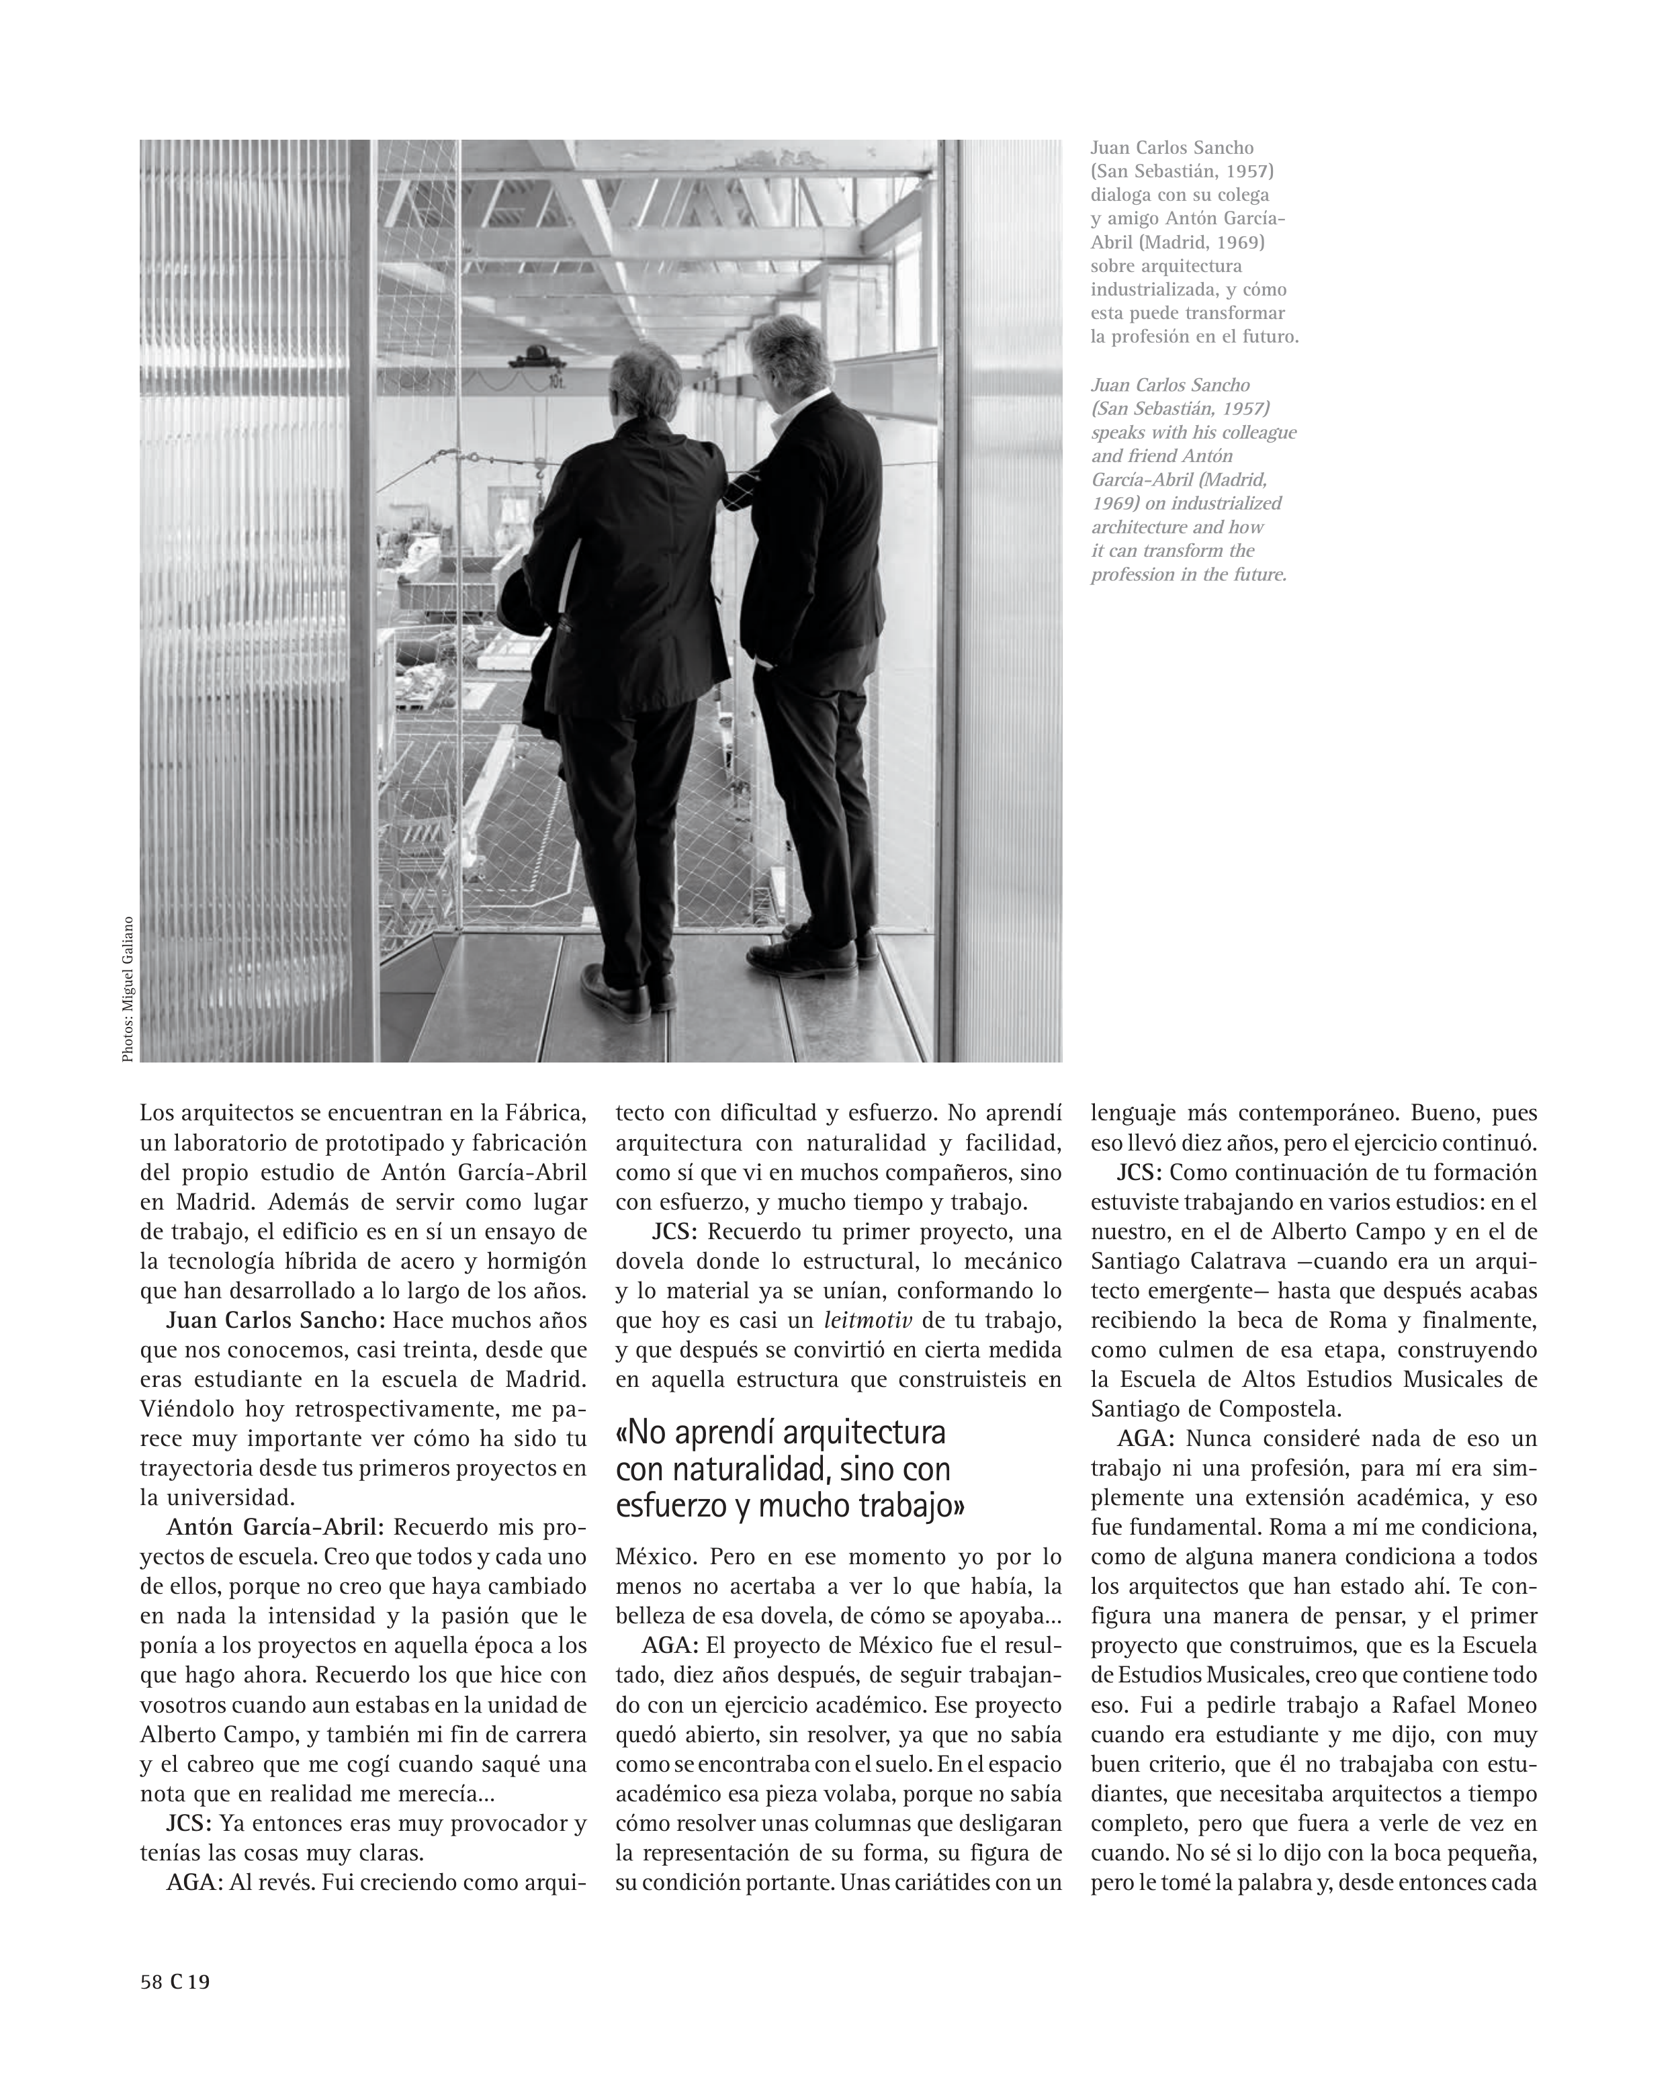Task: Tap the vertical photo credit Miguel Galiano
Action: coord(128,989)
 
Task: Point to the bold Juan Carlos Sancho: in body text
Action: coord(275,1320)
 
